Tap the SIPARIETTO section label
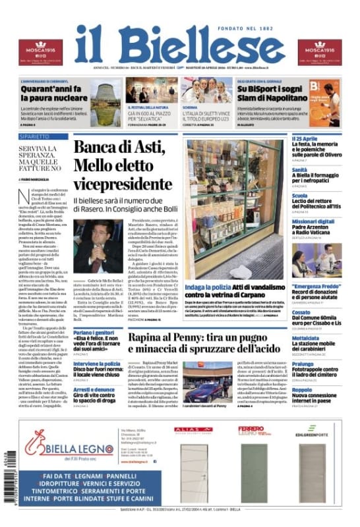[34, 137]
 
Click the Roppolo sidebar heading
[304, 389]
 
